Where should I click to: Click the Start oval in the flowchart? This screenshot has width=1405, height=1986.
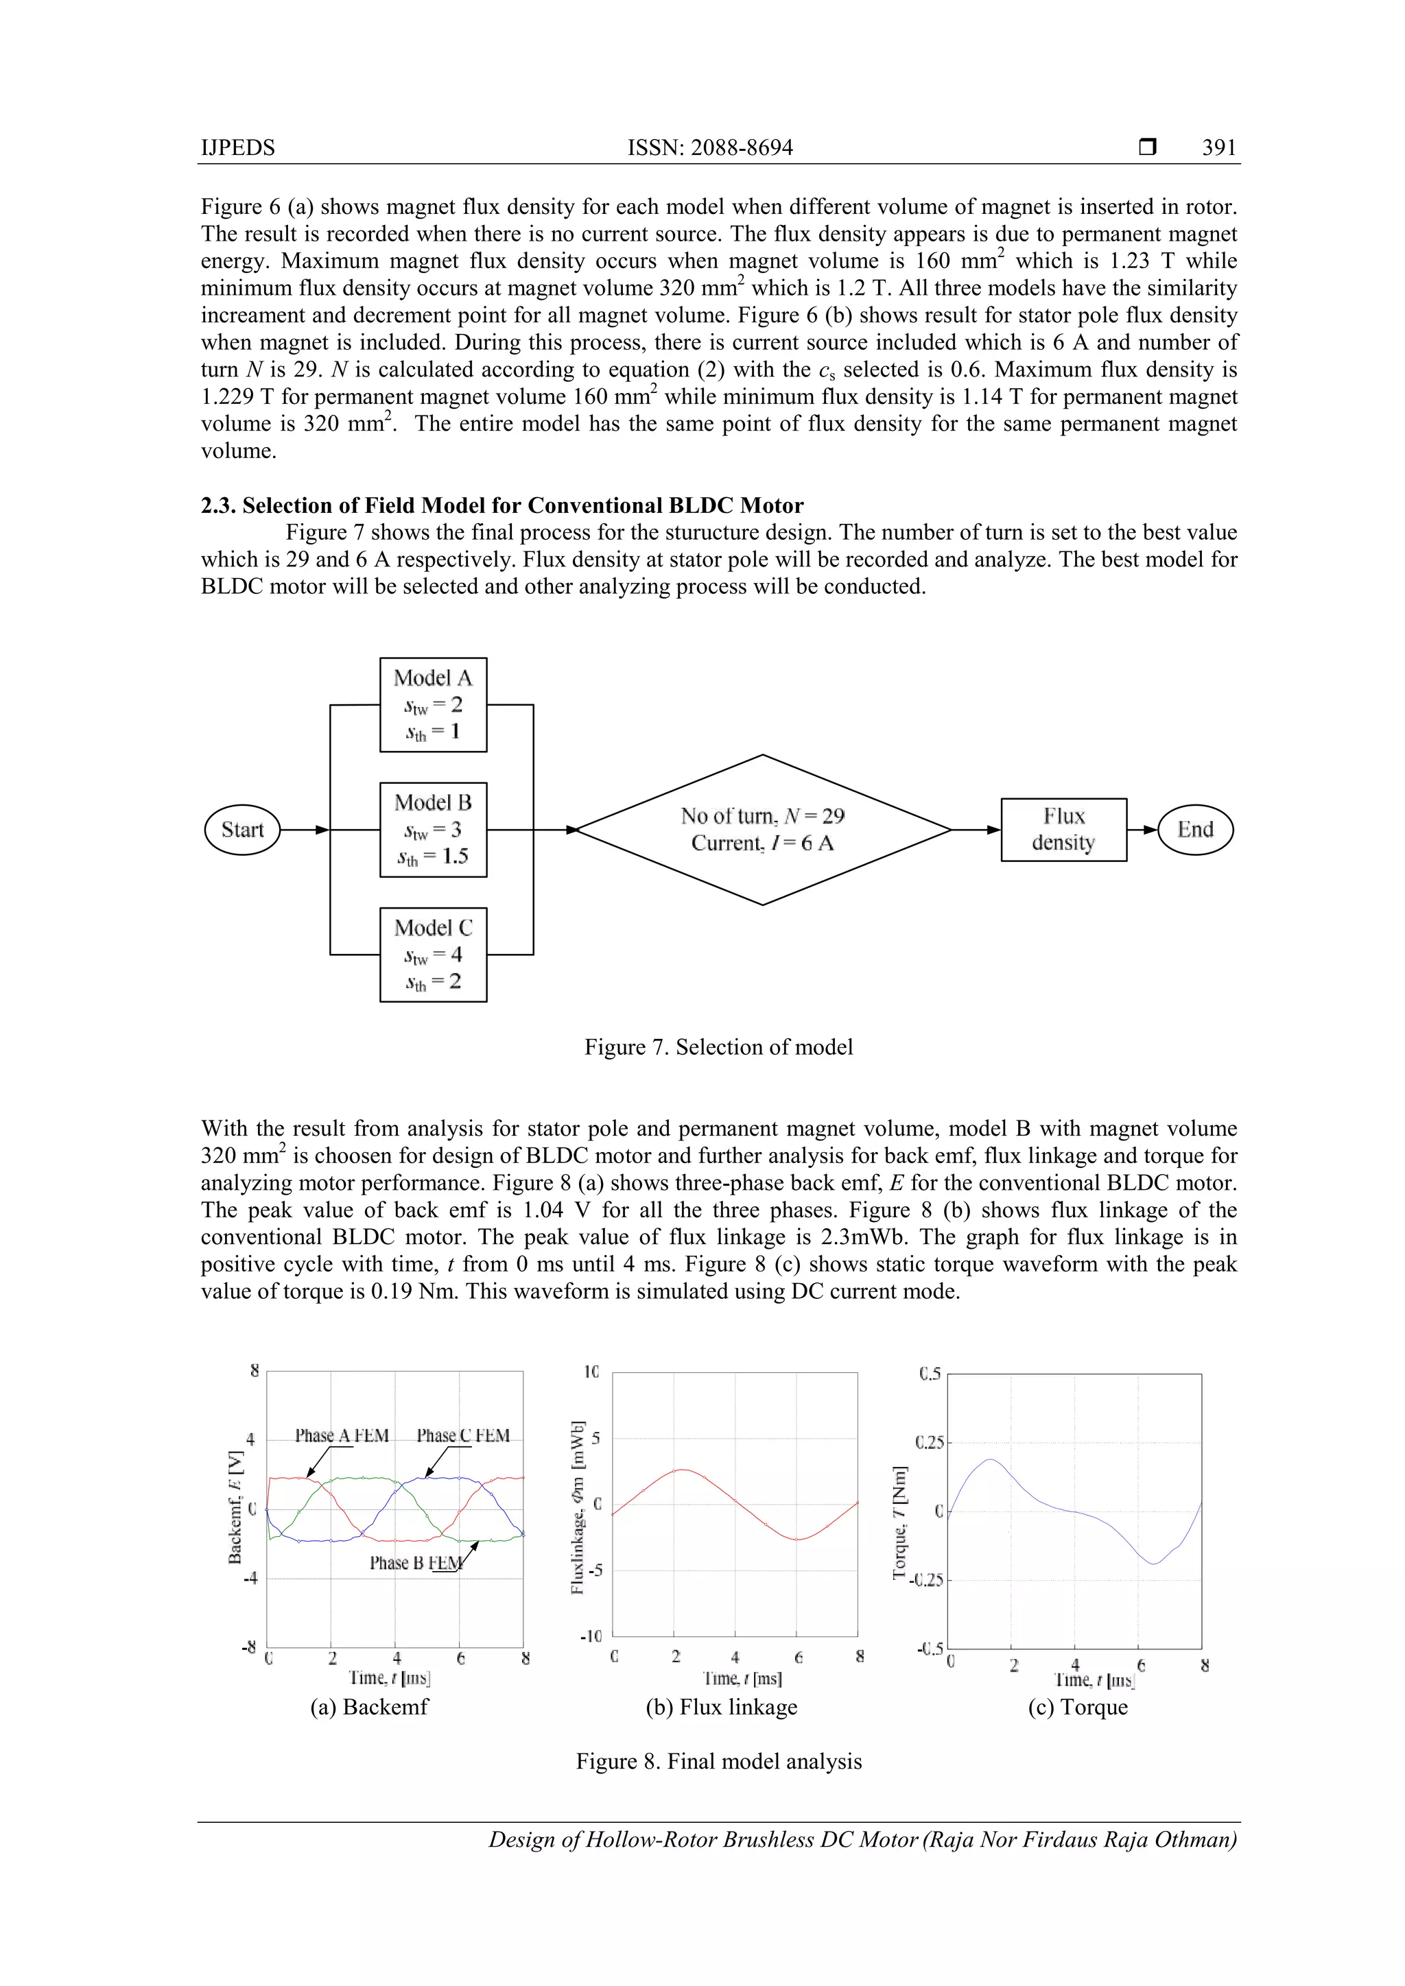242,830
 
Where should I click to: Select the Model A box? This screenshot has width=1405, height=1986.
433,704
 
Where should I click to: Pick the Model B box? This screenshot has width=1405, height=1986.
433,830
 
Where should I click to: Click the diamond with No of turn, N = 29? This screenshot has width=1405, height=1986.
762,830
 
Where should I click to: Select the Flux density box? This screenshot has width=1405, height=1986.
1063,830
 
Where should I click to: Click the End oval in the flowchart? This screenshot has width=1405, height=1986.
1195,830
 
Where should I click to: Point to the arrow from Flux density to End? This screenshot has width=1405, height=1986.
1142,830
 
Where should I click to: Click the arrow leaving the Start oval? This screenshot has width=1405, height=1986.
305,830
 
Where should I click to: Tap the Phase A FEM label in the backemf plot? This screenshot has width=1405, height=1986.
342,1436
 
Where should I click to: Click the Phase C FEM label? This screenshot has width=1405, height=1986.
463,1436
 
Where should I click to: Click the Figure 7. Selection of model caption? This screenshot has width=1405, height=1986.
718,1047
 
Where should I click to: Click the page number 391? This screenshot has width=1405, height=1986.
1219,148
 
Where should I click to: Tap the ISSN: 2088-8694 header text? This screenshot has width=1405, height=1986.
709,148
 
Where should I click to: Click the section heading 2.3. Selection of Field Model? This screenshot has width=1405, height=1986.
501,505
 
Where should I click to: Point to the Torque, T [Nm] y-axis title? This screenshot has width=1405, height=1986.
901,1522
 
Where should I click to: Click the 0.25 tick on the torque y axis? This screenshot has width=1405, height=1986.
930,1443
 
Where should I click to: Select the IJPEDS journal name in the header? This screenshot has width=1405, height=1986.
238,148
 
